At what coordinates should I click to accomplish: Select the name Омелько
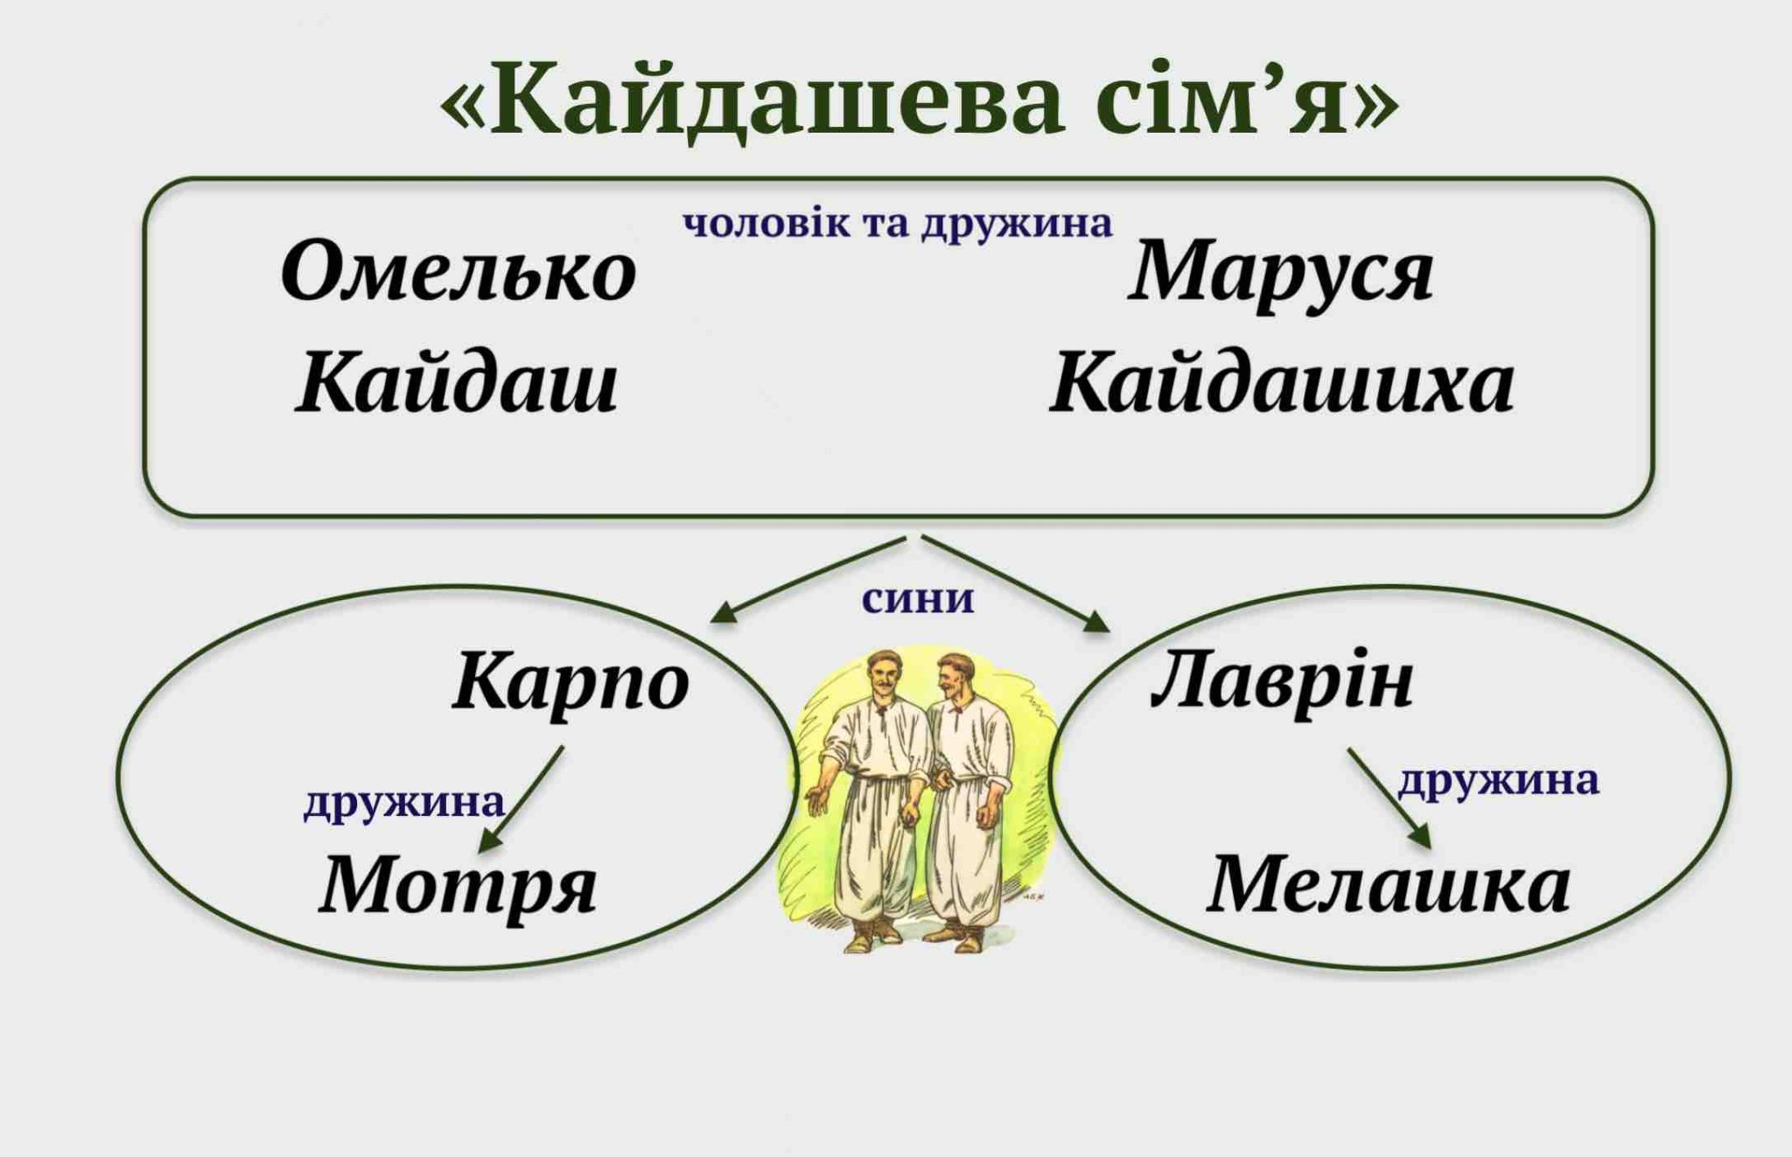[458, 271]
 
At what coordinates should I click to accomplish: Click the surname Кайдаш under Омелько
[458, 382]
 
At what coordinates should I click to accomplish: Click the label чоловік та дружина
[898, 224]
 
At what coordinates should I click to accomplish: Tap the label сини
[918, 600]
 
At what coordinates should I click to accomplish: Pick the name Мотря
[458, 886]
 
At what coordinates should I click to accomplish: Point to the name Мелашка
[1389, 885]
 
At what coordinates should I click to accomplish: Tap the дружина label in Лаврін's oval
[1498, 780]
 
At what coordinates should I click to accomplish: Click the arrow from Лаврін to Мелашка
[1389, 798]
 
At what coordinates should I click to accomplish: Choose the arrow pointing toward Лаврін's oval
[1016, 584]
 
